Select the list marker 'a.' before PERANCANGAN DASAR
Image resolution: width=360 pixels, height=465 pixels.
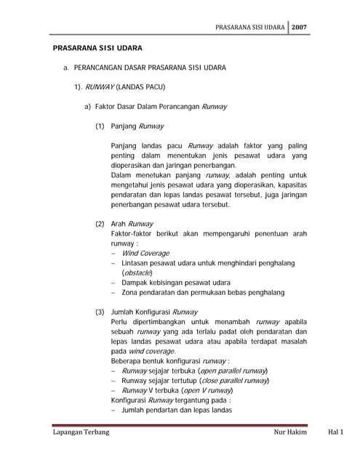tap(66, 69)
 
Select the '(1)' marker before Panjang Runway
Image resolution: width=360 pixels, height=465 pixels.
tap(100, 126)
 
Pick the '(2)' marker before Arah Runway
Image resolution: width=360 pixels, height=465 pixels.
tap(100, 224)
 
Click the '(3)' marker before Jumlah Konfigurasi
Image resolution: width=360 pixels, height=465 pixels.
tap(100, 312)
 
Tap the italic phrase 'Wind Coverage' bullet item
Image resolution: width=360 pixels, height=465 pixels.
tap(145, 254)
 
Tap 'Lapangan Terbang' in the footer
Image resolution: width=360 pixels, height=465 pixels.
tap(81, 433)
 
